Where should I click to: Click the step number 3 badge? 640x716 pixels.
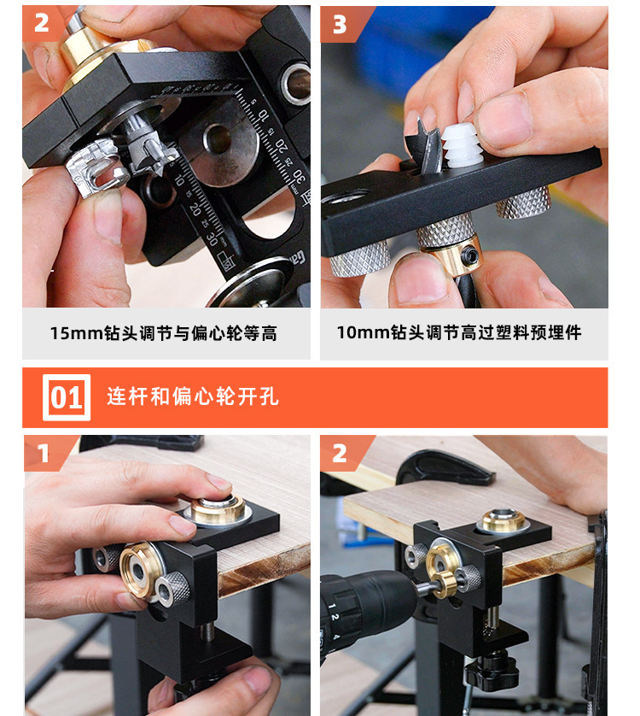(x=340, y=24)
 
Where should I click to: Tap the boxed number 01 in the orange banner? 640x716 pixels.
(x=66, y=398)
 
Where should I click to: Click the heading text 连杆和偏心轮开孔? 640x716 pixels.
(x=193, y=397)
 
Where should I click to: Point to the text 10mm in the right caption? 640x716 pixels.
(x=364, y=333)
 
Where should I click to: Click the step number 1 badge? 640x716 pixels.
(x=41, y=453)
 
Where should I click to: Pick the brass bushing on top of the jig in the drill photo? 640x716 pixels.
(x=503, y=520)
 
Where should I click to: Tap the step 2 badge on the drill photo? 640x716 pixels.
(x=340, y=453)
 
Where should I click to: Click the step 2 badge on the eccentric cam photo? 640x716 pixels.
(x=41, y=24)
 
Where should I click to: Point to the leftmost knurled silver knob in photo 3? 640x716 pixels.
(x=359, y=256)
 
